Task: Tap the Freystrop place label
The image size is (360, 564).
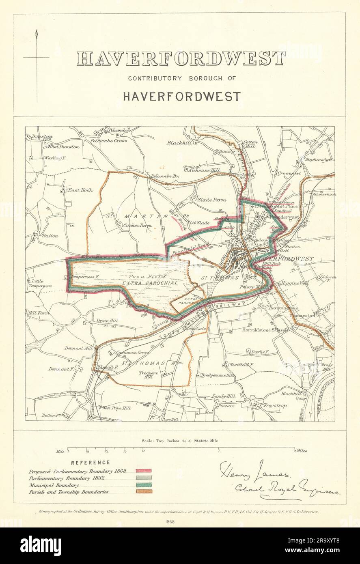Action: click(293, 405)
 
